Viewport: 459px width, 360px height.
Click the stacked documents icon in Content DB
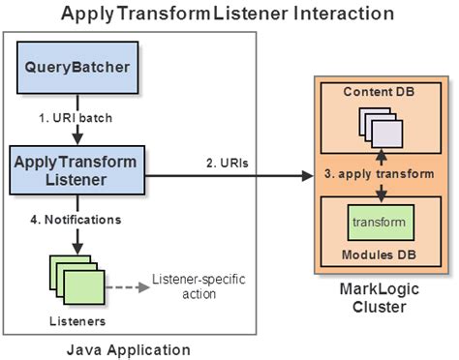pyautogui.click(x=379, y=127)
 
